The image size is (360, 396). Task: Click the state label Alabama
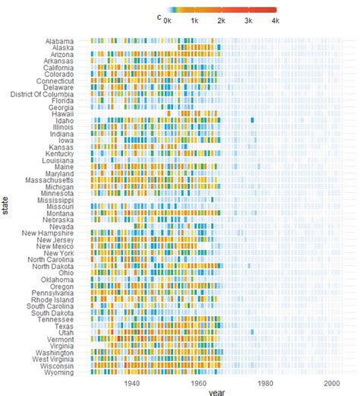pos(59,40)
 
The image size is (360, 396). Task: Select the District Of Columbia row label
pos(43,94)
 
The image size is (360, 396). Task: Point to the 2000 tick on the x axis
pos(331,385)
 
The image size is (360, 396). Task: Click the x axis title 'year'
pos(219,392)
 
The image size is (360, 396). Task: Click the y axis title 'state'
pos(5,206)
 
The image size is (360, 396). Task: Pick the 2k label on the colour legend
pos(222,21)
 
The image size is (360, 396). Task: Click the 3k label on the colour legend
pos(249,21)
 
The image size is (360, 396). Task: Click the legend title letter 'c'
pos(159,15)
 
